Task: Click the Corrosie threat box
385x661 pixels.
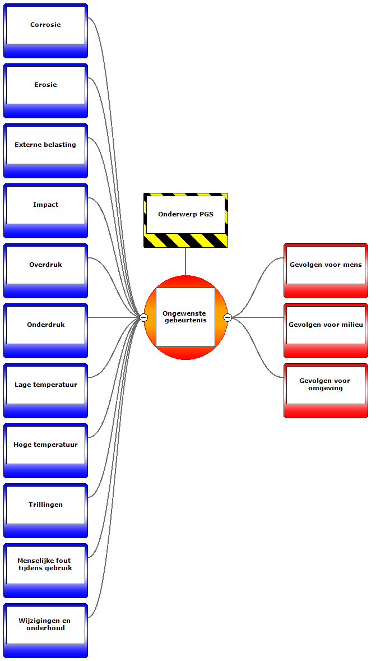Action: tap(45, 25)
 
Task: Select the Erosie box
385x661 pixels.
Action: tap(45, 85)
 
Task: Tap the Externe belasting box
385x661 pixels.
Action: tap(45, 145)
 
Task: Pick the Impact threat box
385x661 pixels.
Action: tap(45, 205)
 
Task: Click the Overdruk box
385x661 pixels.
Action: tap(45, 265)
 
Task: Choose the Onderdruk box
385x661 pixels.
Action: tap(45, 325)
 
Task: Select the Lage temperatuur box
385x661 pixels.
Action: tap(45, 385)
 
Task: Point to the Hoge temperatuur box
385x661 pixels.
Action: tap(45, 445)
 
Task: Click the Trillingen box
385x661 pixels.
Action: tap(45, 505)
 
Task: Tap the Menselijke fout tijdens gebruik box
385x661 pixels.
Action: tap(45, 565)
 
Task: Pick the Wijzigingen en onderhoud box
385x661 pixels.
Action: tap(45, 625)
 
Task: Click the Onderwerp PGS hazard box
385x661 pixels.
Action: tap(185, 215)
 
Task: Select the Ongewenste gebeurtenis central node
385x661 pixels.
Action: tap(185, 317)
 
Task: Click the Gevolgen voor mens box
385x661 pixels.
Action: tap(326, 265)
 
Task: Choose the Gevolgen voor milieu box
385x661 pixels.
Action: tap(326, 325)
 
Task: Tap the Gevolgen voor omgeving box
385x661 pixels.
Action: tap(326, 385)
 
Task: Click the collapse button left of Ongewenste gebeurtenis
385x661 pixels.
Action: tap(143, 318)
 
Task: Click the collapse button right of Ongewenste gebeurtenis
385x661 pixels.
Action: tap(228, 318)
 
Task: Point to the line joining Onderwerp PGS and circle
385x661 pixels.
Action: tap(185, 261)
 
